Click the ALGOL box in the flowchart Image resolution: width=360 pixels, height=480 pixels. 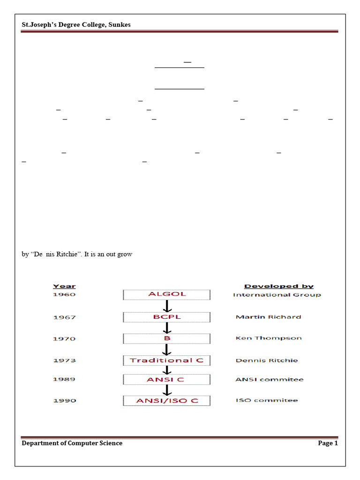click(x=166, y=294)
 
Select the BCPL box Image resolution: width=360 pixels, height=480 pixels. click(x=166, y=317)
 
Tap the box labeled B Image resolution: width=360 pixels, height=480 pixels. click(x=166, y=338)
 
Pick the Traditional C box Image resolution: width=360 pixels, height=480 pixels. click(x=166, y=360)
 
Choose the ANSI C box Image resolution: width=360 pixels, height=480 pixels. click(x=166, y=379)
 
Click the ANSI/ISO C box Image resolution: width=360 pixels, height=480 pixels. click(x=166, y=401)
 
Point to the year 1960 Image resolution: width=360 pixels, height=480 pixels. click(x=64, y=294)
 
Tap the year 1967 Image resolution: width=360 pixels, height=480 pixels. click(x=64, y=317)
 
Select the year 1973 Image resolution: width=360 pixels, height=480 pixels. click(x=64, y=360)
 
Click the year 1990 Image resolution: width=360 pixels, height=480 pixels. click(x=64, y=401)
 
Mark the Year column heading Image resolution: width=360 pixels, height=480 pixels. click(x=64, y=286)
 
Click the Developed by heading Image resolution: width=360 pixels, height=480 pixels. click(x=279, y=286)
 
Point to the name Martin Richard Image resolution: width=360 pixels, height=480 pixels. click(x=268, y=317)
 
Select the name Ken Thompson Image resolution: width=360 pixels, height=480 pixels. click(x=268, y=338)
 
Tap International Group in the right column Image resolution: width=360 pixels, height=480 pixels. click(x=277, y=295)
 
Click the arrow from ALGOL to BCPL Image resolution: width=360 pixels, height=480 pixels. click(x=166, y=306)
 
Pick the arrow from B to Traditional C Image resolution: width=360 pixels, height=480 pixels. click(x=166, y=350)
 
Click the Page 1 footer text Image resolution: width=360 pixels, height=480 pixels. click(x=328, y=443)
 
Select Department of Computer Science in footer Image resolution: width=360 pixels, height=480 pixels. click(x=72, y=443)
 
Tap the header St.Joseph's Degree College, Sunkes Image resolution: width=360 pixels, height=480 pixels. click(x=76, y=25)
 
